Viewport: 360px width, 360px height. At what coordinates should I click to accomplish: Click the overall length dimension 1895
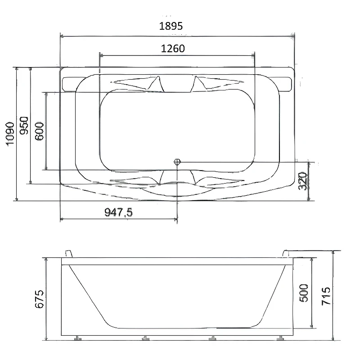point(171,26)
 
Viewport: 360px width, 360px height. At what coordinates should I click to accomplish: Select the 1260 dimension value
point(173,49)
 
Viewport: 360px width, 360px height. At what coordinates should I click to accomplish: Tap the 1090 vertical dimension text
point(10,134)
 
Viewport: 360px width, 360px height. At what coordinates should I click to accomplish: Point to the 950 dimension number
point(24,126)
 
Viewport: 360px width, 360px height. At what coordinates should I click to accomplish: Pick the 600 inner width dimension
point(39,131)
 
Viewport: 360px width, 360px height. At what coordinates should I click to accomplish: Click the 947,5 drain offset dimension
point(118,212)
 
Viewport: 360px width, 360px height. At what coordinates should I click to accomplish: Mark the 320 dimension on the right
point(303,181)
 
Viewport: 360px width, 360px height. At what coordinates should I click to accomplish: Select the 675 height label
point(39,299)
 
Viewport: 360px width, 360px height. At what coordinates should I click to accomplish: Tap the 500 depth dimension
point(304,293)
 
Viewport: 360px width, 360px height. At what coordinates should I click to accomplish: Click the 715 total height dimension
point(326,296)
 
